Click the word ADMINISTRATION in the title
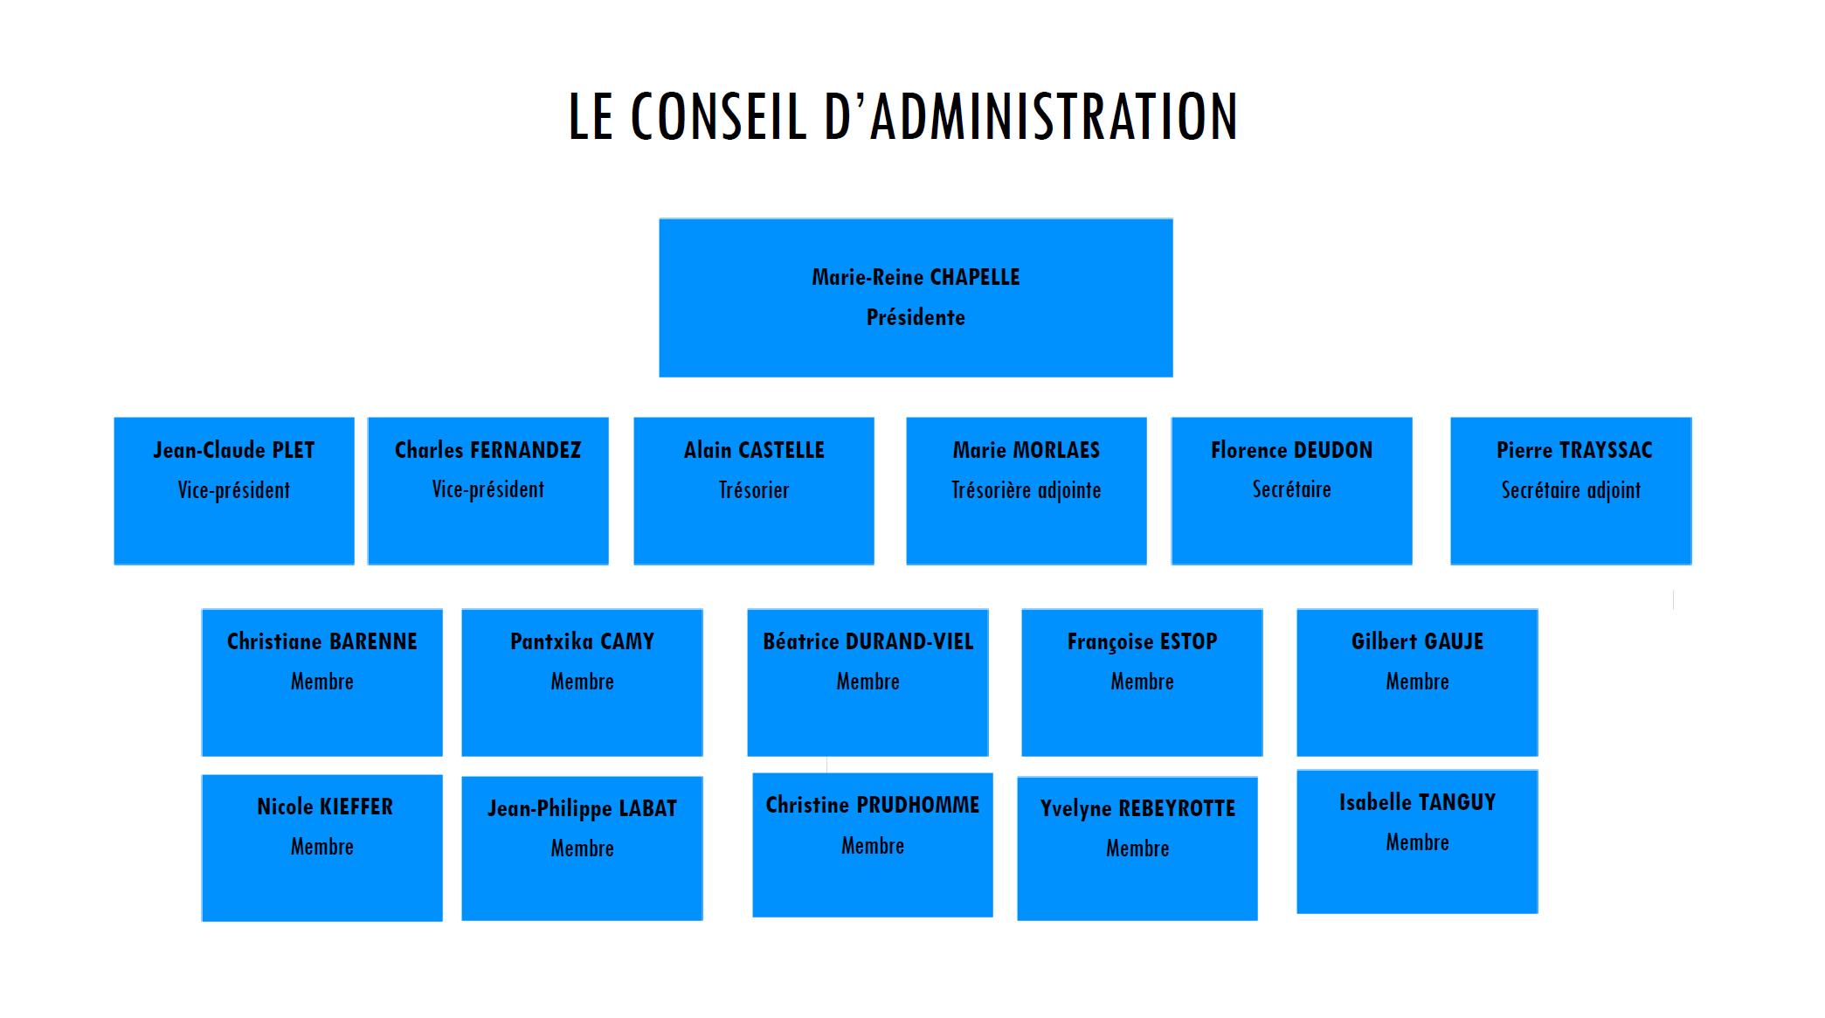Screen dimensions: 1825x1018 1054,116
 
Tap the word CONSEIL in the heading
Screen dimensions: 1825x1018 718,116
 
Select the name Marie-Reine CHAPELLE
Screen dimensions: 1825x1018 916,277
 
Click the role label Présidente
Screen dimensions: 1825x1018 916,317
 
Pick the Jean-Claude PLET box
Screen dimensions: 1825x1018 234,491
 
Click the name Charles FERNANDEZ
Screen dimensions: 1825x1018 487,450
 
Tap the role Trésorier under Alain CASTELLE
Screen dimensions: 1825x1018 754,490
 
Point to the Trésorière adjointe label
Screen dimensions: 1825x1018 1027,491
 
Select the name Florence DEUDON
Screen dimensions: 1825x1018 1291,450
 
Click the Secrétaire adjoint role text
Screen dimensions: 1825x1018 1571,491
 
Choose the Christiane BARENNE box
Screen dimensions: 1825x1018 322,682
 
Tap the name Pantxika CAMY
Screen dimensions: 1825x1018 582,641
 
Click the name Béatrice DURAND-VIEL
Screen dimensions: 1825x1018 868,641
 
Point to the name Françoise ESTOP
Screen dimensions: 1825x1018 1142,642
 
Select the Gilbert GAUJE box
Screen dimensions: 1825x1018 1417,682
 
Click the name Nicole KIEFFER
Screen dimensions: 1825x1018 325,807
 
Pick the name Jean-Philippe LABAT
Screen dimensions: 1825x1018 582,809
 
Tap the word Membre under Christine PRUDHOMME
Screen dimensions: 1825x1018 873,846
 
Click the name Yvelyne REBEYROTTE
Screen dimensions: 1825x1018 1137,809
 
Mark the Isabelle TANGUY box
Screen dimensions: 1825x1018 1417,841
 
